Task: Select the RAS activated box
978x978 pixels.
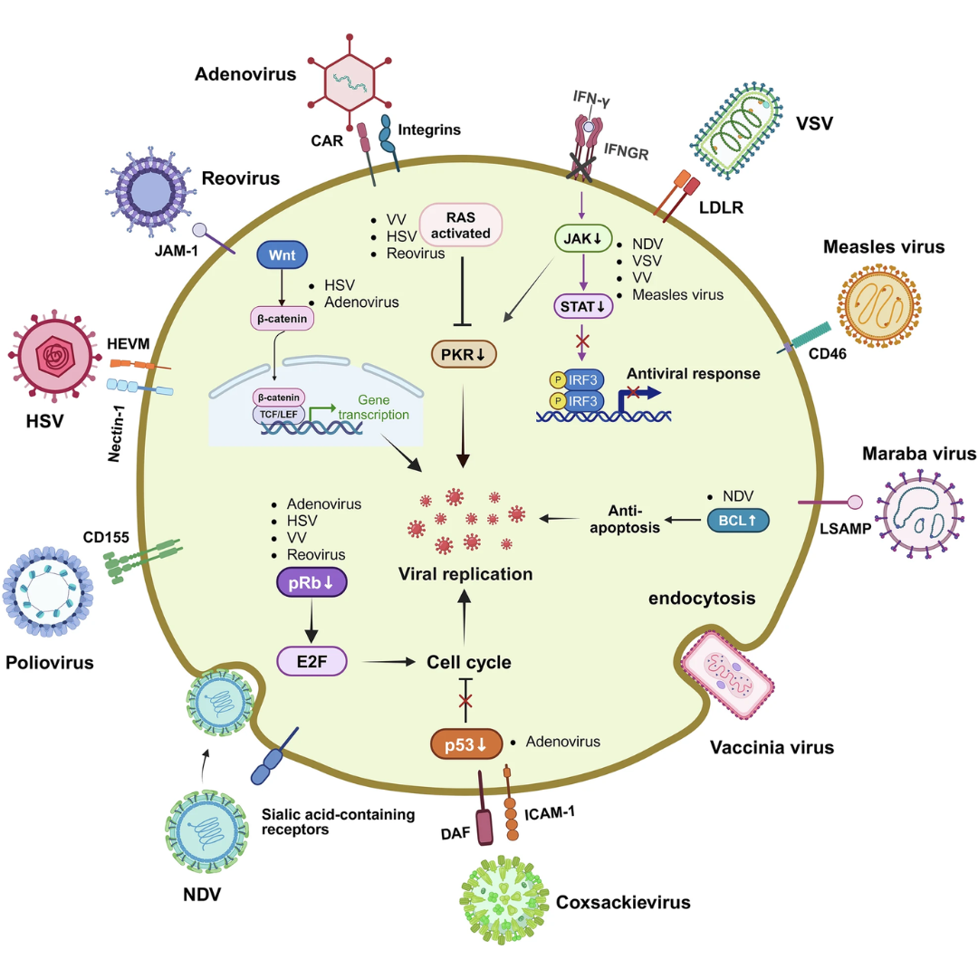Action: pyautogui.click(x=460, y=224)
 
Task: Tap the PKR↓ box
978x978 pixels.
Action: pyautogui.click(x=463, y=353)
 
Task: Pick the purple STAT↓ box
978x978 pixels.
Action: pyautogui.click(x=582, y=306)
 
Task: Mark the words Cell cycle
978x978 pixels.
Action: pyautogui.click(x=469, y=663)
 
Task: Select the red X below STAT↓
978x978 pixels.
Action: pyautogui.click(x=583, y=340)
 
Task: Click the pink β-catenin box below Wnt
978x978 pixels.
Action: pyautogui.click(x=283, y=318)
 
